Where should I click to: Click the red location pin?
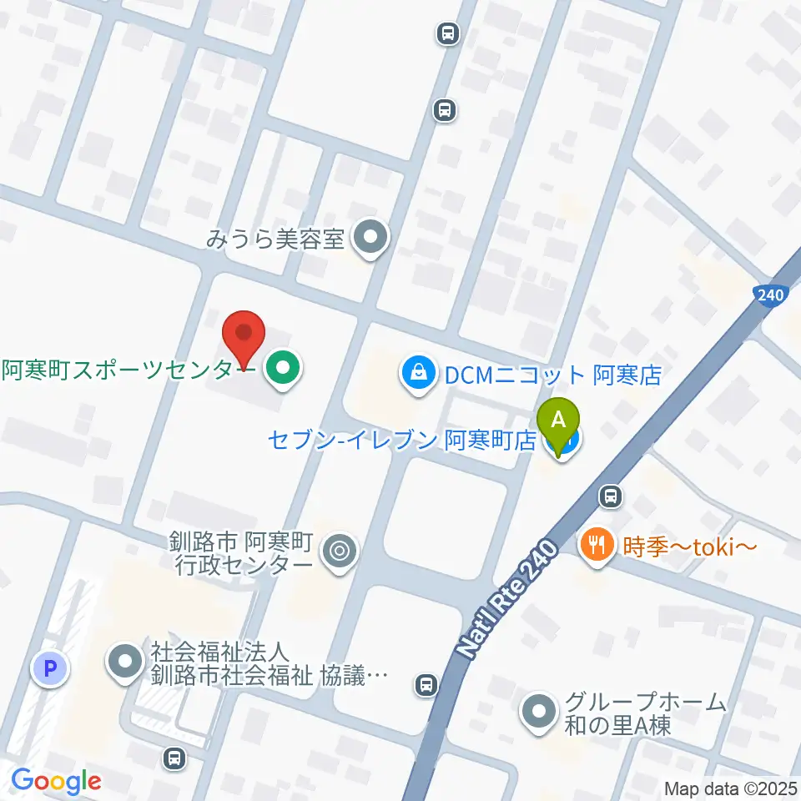244,336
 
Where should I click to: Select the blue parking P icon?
49,667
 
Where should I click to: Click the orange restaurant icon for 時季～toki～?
595,547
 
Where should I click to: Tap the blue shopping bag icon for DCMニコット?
415,373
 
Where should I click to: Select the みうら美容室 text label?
275,239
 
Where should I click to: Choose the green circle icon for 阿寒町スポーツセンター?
284,368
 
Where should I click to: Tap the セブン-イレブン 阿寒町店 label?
401,440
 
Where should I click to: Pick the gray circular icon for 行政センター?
339,550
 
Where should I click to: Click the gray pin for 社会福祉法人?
126,662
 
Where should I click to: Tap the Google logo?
56,781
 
